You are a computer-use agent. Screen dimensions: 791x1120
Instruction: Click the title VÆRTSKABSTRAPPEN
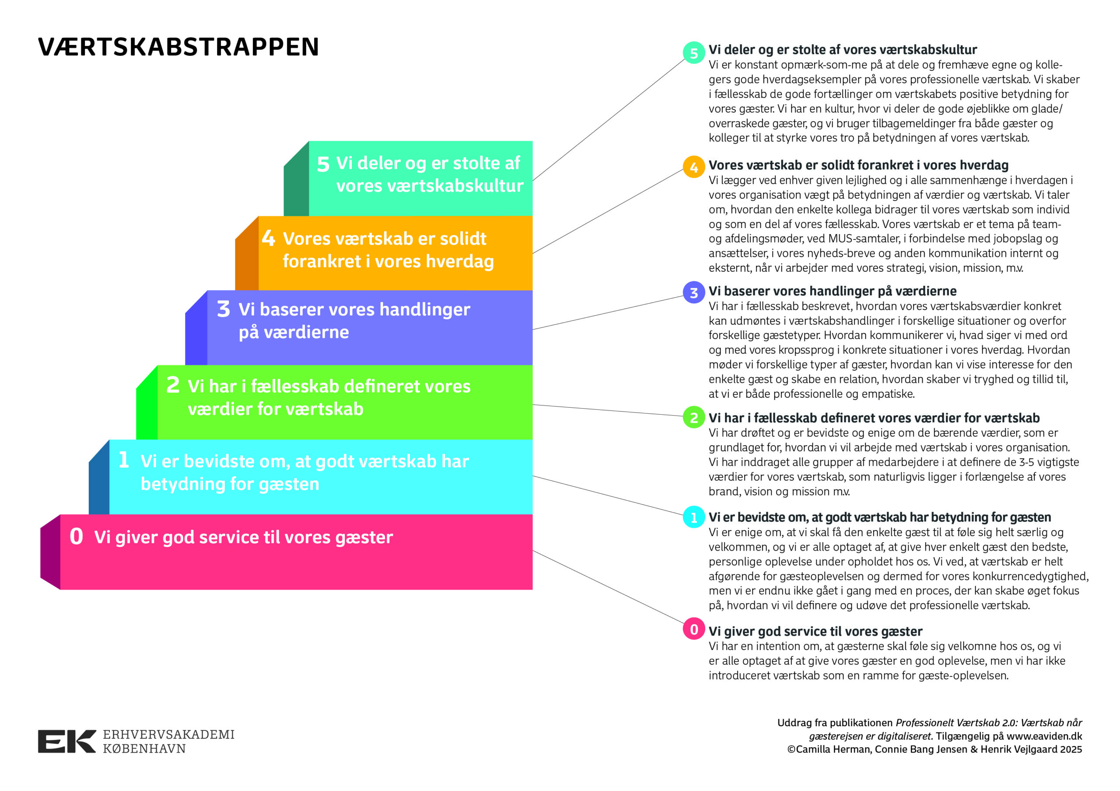[178, 47]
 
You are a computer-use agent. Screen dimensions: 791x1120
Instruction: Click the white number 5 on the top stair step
[323, 164]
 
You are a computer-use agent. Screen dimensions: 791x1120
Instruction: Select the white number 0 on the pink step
[77, 537]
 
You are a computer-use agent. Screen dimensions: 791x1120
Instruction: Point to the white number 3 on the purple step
[224, 309]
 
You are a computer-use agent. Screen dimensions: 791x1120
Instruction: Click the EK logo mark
[67, 741]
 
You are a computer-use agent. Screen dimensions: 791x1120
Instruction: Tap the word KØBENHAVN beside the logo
[144, 749]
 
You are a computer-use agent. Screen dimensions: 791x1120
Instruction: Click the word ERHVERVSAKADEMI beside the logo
[168, 735]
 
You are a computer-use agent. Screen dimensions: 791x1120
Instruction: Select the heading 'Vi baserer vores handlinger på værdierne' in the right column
[832, 291]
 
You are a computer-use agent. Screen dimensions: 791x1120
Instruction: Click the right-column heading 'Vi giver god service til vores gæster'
[815, 631]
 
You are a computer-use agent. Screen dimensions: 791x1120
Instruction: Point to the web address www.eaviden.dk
[1044, 736]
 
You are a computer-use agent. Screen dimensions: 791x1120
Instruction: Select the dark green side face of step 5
[296, 185]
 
